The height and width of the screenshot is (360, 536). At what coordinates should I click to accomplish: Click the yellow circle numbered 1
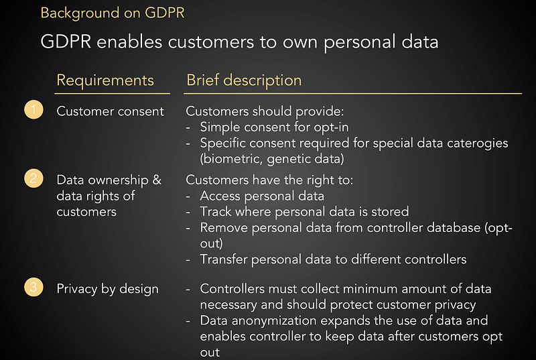click(33, 110)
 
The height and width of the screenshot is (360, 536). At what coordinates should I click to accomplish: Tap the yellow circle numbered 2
click(33, 178)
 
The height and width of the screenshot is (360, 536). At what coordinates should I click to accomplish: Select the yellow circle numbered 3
click(33, 287)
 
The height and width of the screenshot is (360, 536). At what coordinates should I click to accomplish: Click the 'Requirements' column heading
click(105, 80)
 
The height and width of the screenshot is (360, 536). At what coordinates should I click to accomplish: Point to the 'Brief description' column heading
click(244, 80)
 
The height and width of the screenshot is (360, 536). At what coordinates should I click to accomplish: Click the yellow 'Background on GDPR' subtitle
click(113, 13)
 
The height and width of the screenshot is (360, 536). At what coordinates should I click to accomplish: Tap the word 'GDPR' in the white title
click(66, 42)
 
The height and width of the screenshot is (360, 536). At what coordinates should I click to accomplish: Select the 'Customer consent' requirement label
click(110, 111)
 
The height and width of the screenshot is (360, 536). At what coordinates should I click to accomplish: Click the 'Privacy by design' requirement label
click(108, 289)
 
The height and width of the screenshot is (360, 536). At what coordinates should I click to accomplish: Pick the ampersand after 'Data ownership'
click(157, 180)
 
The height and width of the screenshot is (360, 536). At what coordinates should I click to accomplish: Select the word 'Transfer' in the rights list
click(224, 259)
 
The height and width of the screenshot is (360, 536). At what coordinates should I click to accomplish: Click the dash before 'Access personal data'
click(188, 197)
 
